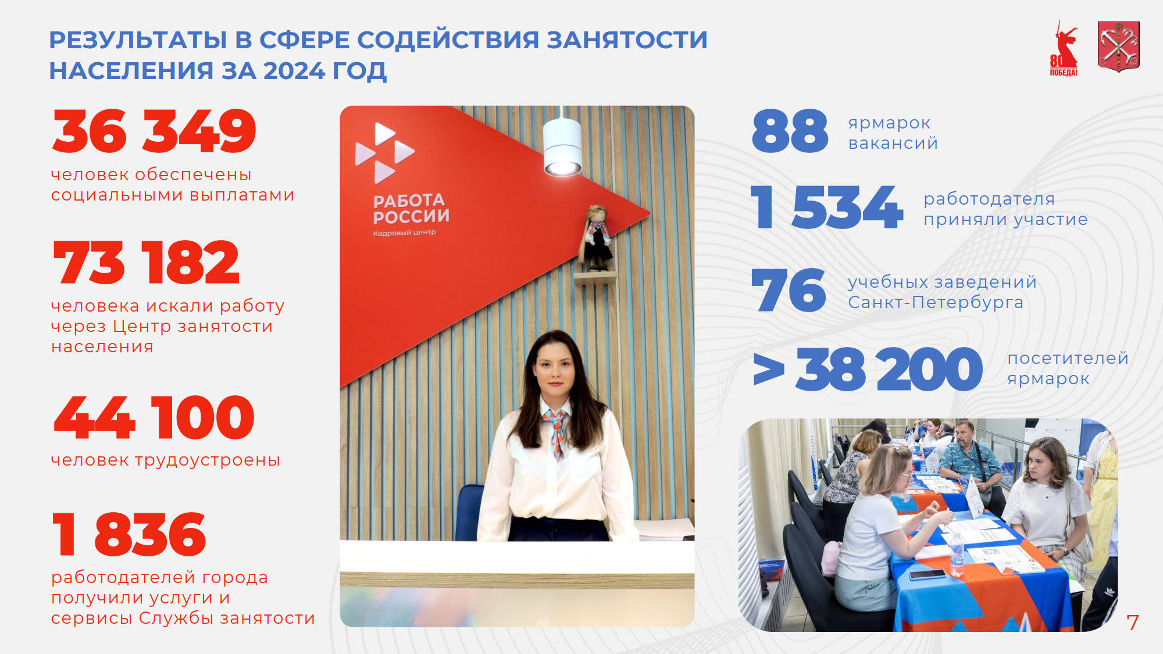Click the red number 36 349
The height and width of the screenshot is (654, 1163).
[154, 131]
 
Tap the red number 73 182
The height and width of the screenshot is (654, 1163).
[146, 263]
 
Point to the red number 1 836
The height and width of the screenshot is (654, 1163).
[129, 534]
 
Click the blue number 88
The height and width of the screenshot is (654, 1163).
[790, 131]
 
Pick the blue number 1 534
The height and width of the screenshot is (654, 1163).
[827, 207]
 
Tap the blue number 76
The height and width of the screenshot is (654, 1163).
[789, 290]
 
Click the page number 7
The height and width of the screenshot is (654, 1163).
[1132, 623]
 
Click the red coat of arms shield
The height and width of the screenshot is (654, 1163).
[1118, 47]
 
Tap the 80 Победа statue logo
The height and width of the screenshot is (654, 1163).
[1064, 49]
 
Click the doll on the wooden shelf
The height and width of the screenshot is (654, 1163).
[596, 238]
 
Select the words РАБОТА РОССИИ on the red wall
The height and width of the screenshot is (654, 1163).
[411, 209]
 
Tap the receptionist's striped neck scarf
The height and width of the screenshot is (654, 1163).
[555, 430]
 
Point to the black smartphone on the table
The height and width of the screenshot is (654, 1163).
[927, 574]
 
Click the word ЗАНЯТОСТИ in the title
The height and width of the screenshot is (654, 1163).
[627, 40]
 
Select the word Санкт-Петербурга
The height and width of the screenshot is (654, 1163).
[936, 303]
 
